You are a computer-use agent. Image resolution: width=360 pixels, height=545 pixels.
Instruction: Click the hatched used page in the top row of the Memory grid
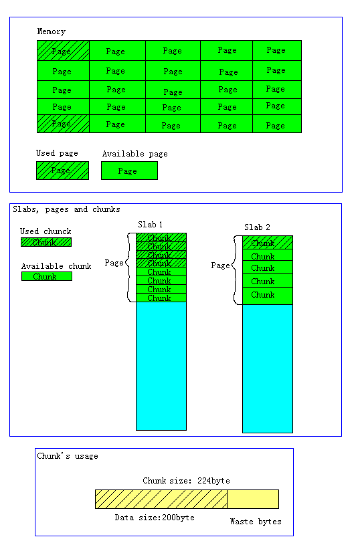pos(64,51)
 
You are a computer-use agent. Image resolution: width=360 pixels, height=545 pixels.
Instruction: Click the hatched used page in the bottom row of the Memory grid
pos(64,124)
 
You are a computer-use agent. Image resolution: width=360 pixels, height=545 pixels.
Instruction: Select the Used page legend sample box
pos(63,171)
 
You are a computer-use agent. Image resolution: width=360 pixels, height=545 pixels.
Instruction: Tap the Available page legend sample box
pos(129,171)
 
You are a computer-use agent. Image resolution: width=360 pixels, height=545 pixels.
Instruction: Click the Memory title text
pos(52,31)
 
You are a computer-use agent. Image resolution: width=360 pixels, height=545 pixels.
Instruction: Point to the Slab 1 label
pos(151,225)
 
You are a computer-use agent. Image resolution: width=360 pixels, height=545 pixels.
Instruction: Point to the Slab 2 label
pos(257,227)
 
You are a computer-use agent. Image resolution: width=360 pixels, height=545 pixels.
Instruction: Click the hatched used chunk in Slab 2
pos(268,243)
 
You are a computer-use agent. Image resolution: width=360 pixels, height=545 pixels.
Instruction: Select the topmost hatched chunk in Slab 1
pos(161,237)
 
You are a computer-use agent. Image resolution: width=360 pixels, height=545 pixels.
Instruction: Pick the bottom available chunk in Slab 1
pos(161,298)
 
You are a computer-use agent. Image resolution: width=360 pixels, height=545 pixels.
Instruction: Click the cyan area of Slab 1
pos(161,366)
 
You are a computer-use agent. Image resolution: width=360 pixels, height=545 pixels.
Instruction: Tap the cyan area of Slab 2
pos(268,368)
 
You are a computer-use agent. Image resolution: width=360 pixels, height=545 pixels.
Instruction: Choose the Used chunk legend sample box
pos(46,242)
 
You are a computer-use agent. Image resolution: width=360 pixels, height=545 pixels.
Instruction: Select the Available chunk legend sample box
pos(47,276)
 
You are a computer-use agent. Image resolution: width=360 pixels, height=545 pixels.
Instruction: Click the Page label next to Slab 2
pos(221,265)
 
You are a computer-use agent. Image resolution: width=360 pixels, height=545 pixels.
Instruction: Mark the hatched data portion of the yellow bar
pos(161,499)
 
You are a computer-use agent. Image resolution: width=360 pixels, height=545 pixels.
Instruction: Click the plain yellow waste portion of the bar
pos(253,499)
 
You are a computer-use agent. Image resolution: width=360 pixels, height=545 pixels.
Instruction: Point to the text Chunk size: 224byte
pos(187,481)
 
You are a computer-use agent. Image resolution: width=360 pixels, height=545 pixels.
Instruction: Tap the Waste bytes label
pos(256,522)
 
